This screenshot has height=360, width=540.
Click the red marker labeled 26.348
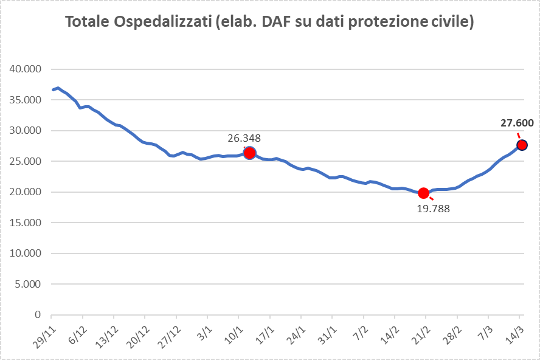pos(249,153)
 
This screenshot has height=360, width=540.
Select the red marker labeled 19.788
pos(424,193)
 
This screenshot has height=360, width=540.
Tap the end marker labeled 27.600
pos(522,145)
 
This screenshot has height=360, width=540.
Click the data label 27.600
pos(517,123)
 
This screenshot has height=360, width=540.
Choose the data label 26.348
pos(244,138)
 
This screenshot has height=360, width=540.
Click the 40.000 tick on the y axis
pos(26,69)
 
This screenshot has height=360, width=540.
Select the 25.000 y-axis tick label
pos(26,161)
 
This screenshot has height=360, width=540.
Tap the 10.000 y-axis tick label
pos(26,254)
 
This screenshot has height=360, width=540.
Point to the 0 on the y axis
pos(38,315)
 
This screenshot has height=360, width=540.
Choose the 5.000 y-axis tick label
pos(28,284)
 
